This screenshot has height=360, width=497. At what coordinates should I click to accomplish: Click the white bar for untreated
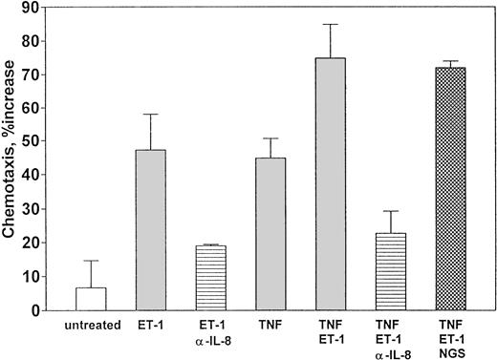tap(91, 299)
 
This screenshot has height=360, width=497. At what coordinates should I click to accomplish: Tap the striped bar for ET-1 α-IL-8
tap(211, 278)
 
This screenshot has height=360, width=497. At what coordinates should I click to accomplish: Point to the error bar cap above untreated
tap(91, 261)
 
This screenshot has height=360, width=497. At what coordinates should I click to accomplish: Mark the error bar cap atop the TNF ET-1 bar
tap(331, 24)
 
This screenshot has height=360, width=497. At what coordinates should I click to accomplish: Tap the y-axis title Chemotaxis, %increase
tap(13, 157)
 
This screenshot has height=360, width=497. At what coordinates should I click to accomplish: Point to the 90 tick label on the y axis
tap(34, 8)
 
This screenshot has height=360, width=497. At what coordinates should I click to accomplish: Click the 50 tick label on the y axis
tap(34, 142)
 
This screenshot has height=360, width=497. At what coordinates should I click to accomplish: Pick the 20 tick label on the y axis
tap(34, 244)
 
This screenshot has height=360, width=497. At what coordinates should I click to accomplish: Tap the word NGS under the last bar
tap(450, 350)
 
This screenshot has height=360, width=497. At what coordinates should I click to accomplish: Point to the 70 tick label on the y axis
tap(34, 75)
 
